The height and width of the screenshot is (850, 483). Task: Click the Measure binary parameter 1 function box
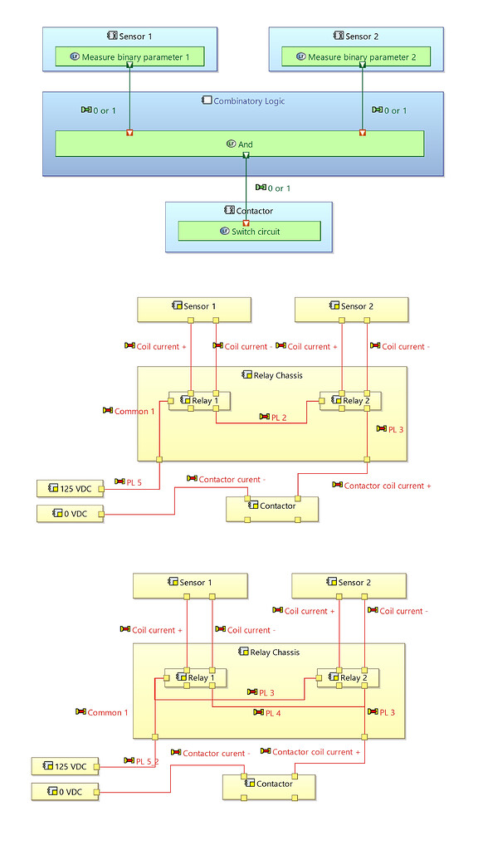pos(129,57)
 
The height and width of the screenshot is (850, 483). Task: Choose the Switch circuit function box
pos(249,232)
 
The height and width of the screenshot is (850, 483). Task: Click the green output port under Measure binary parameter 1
pos(130,65)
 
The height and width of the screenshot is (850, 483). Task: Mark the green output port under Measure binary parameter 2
pos(363,65)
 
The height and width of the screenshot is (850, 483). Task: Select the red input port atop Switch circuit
pos(246,223)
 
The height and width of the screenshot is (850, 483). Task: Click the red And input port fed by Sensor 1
pos(129,133)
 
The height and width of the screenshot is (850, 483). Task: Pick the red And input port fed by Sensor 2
pos(363,133)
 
